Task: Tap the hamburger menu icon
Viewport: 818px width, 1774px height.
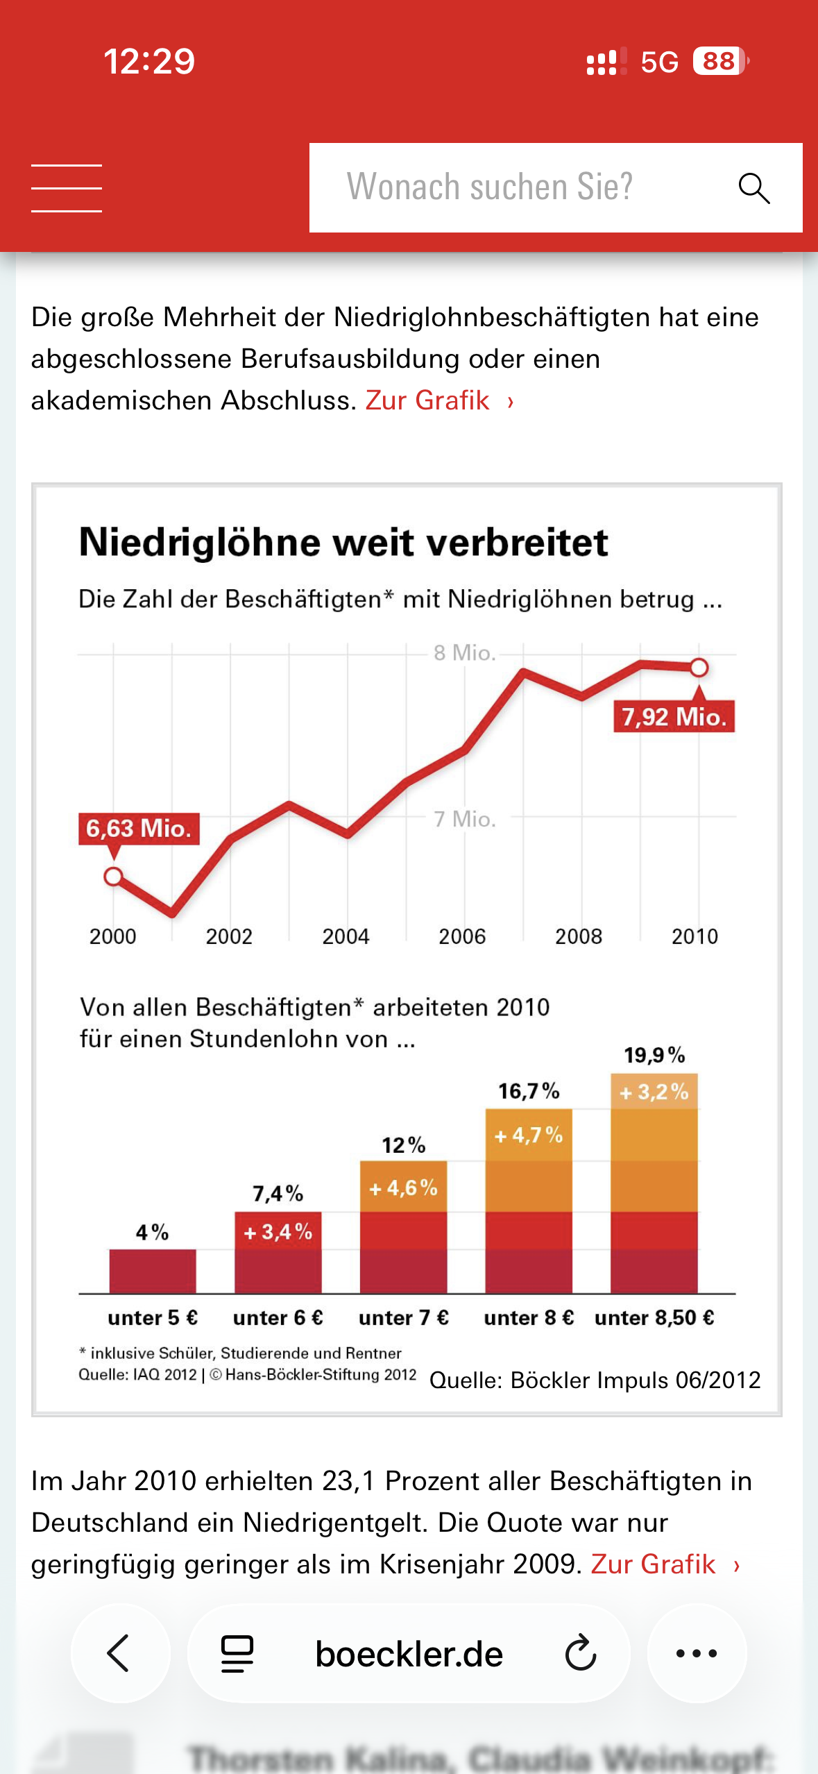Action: point(67,188)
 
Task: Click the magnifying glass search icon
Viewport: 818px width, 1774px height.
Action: point(754,188)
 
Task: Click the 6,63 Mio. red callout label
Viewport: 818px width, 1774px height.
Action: point(139,829)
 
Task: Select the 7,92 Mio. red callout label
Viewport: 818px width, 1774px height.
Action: point(674,716)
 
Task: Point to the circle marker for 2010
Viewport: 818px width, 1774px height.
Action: point(699,668)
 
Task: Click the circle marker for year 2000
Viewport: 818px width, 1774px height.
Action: point(113,877)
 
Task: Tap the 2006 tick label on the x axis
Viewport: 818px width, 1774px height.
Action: point(462,936)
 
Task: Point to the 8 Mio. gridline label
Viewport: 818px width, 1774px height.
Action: point(464,653)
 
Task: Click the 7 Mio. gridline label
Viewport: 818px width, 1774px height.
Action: point(464,819)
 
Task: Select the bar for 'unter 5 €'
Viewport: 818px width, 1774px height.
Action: point(153,1271)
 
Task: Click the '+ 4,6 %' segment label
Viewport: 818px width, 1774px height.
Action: point(403,1188)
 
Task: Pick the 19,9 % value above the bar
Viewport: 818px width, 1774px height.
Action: point(654,1056)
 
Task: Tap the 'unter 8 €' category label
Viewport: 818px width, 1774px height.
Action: point(529,1317)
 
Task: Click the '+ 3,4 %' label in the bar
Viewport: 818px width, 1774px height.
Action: point(278,1232)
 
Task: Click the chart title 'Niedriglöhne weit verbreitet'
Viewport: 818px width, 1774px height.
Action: point(343,542)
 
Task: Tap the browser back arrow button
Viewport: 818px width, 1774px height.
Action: point(119,1653)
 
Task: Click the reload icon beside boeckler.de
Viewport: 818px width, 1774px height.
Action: point(580,1653)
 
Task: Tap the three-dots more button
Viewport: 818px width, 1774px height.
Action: point(697,1653)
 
